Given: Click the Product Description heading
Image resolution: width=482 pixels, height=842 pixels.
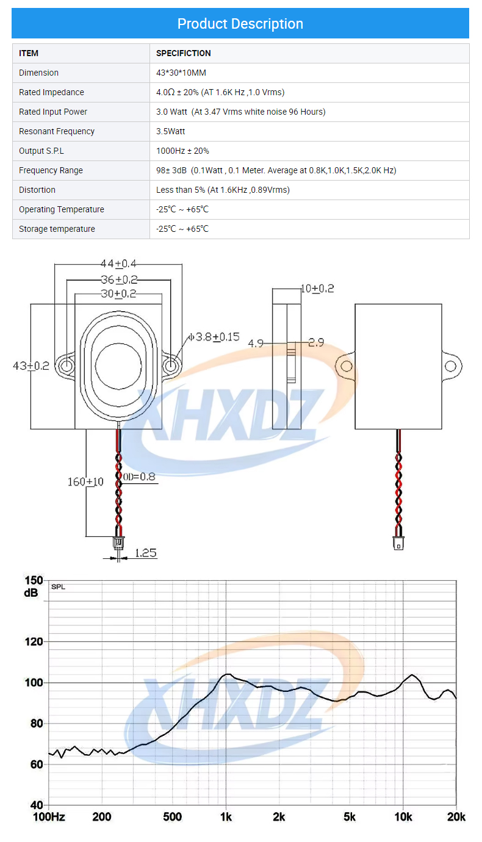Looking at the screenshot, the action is coord(240,24).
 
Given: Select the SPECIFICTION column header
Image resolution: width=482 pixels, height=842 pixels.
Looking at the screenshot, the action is coord(184,53).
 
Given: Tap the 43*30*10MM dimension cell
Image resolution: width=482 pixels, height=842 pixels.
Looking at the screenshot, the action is coord(181,73).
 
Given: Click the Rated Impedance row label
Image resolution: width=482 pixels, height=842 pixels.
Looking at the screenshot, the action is coord(51,93).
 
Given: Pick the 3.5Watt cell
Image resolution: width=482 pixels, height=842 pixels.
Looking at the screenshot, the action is coord(171,132).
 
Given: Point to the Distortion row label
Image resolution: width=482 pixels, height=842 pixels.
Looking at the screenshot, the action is coord(37,190).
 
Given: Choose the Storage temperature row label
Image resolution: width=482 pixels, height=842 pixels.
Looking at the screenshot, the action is coord(57,229).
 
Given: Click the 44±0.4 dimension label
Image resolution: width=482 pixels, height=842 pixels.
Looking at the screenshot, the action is coord(118,264).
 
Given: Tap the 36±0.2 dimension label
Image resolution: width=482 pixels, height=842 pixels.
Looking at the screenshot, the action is coord(119,279).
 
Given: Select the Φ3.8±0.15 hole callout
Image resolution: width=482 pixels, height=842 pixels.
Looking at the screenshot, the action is coord(214,337).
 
